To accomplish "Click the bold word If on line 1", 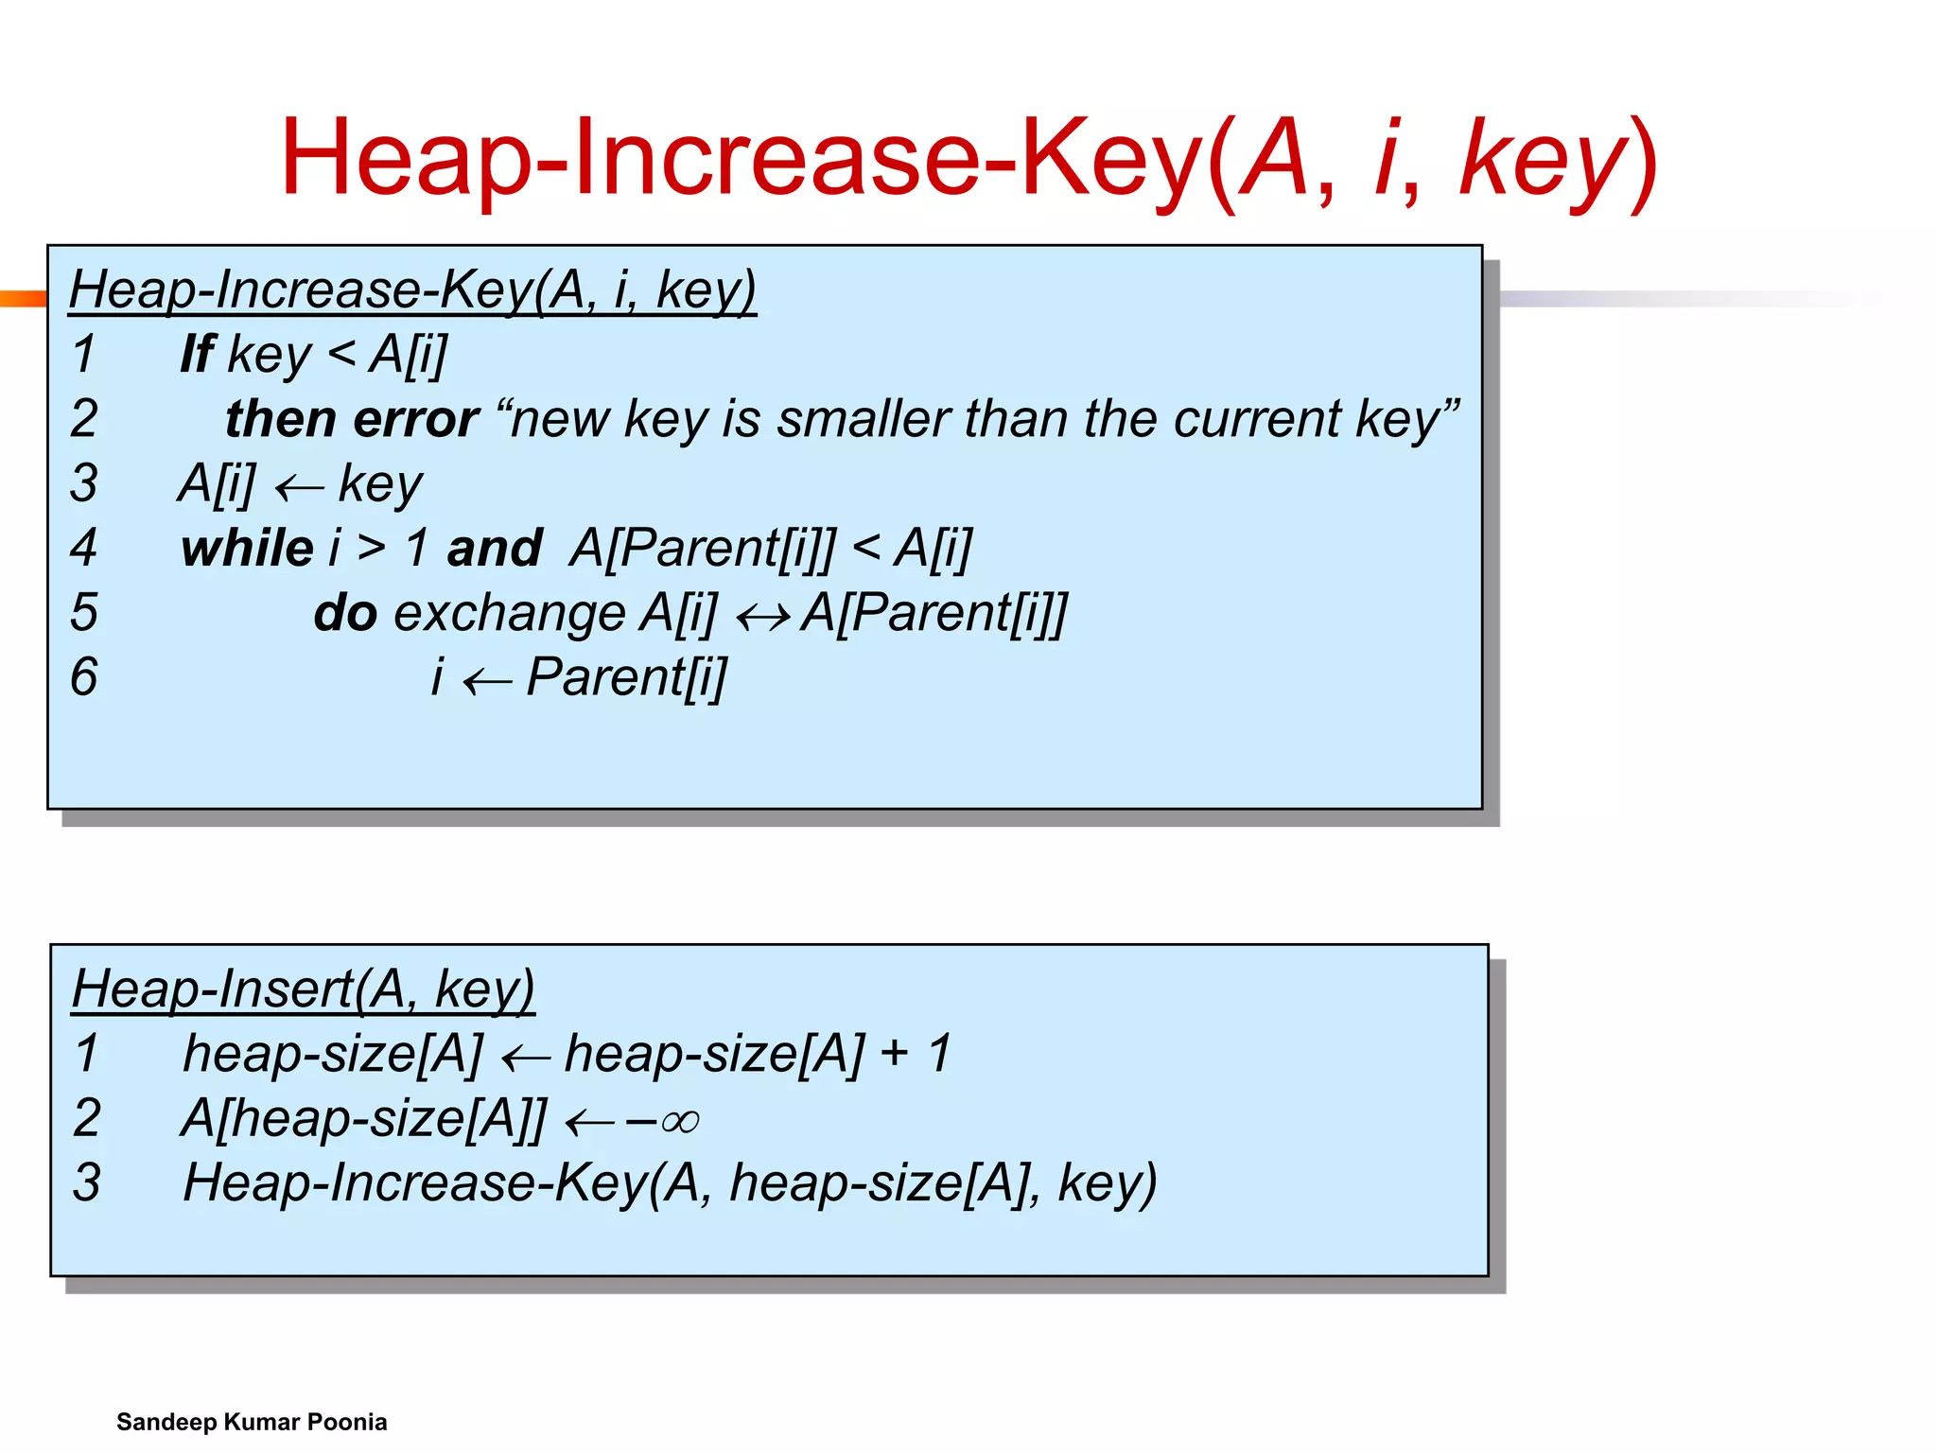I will (x=198, y=355).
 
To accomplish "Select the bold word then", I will (x=280, y=419).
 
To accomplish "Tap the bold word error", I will (x=416, y=419).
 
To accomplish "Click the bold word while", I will (x=247, y=549).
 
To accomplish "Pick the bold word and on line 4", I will (x=494, y=549).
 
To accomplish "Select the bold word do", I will (x=345, y=613).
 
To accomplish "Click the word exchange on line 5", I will (x=509, y=613).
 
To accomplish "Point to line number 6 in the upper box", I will (x=84, y=677).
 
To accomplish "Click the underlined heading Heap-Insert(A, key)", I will (x=303, y=989).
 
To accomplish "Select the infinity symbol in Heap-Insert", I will (x=680, y=1122).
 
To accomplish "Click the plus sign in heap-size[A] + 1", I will (x=894, y=1053).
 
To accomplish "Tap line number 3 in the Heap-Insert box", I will (x=87, y=1182).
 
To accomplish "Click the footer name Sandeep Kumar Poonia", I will (x=252, y=1422).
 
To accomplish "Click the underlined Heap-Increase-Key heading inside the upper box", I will (x=412, y=289).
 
